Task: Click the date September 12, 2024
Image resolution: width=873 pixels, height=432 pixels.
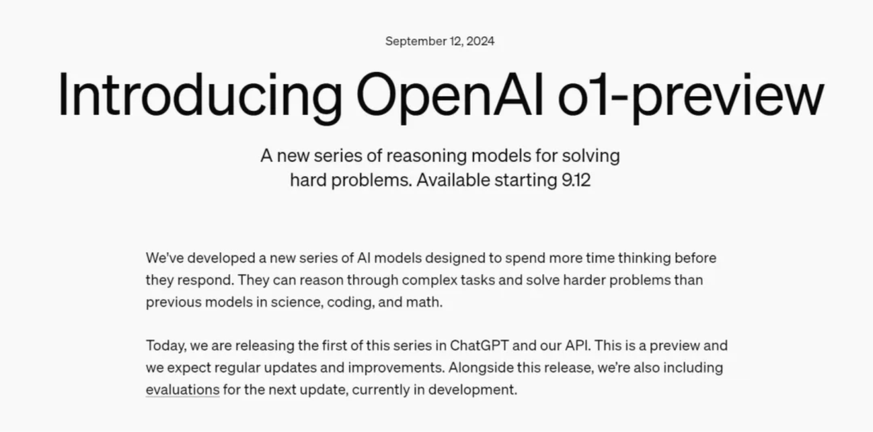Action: (x=440, y=41)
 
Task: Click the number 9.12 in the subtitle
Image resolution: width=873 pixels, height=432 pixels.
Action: (x=576, y=180)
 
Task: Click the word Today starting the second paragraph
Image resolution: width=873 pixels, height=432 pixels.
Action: (x=166, y=345)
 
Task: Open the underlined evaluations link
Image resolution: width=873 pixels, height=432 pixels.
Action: (x=183, y=390)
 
